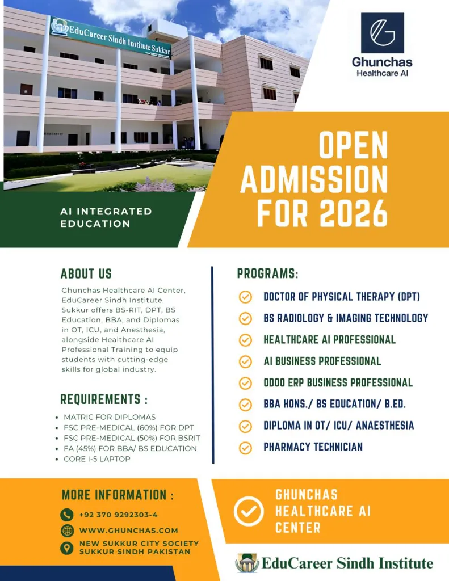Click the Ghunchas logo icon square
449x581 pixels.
pos(382,33)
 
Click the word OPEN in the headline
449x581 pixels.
pos(353,146)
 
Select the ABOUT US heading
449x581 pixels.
pos(86,273)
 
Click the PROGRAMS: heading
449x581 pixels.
pos(267,273)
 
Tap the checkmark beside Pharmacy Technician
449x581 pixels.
pos(245,447)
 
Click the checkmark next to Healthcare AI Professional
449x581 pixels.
pos(245,340)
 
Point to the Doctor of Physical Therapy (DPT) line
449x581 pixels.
pos(342,297)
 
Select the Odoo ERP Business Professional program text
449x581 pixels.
pos(338,383)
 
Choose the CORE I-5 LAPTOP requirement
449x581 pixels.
pos(97,458)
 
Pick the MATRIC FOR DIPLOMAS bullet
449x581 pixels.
pos(110,416)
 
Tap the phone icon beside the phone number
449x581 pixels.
pos(67,515)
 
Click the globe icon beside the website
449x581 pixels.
pos(67,531)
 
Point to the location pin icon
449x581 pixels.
pos(67,548)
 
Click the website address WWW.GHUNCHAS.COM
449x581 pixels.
pos(129,531)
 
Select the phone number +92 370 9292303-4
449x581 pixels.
pos(119,515)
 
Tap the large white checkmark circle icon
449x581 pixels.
pos(249,511)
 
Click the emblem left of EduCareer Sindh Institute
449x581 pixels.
pos(247,563)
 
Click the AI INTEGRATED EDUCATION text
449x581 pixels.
pos(106,217)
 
